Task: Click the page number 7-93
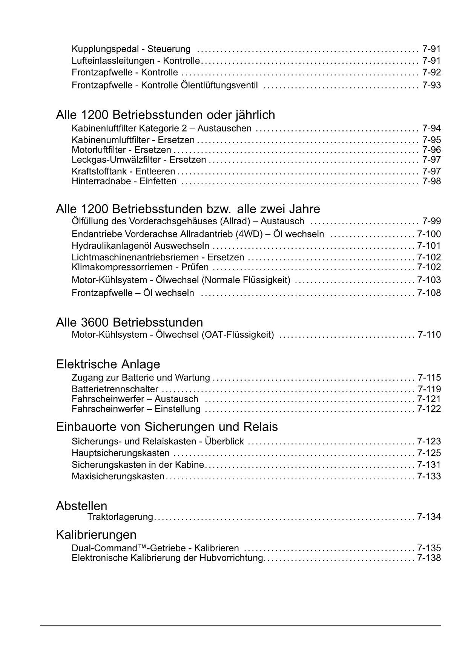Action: click(x=431, y=85)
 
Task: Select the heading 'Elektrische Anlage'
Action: click(x=108, y=364)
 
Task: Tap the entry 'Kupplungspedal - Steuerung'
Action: click(x=131, y=49)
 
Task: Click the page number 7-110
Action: click(x=429, y=335)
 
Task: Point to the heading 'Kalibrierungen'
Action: click(x=96, y=534)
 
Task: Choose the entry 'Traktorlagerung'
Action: click(x=120, y=517)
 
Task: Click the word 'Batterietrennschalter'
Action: click(x=115, y=389)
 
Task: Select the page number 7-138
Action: click(x=429, y=558)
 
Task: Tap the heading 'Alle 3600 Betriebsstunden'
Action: click(x=129, y=323)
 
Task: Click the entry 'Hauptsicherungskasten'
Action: click(x=121, y=453)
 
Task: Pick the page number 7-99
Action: click(x=431, y=221)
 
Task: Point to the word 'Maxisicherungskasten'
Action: click(x=118, y=476)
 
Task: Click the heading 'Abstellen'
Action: click(x=81, y=506)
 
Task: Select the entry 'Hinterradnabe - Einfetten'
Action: click(x=124, y=181)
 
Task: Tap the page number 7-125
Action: click(x=429, y=453)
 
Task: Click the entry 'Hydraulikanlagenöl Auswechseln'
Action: click(x=140, y=246)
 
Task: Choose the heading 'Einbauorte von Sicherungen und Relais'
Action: click(x=167, y=427)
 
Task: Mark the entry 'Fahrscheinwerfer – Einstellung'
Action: click(x=136, y=409)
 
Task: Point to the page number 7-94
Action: click(x=431, y=129)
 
